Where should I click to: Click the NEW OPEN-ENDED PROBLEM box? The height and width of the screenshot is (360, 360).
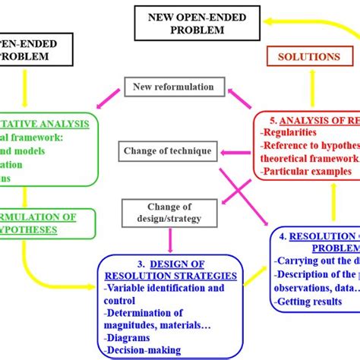coord(187,22)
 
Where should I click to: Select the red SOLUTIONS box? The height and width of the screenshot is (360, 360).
coord(309,58)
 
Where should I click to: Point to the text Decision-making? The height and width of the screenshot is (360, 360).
coord(143,349)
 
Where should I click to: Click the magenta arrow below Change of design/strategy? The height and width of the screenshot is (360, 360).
coord(169,239)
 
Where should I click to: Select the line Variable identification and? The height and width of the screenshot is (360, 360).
coord(163,289)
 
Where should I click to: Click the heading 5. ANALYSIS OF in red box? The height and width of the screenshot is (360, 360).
coord(311,120)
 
